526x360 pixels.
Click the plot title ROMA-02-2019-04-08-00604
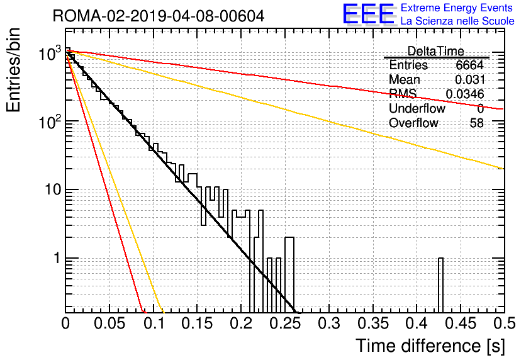(159, 16)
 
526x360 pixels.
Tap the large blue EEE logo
(368, 14)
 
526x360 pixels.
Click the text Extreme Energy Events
(457, 8)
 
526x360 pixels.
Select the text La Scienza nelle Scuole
(457, 21)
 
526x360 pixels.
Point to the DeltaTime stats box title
(435, 51)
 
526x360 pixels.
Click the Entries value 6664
(469, 65)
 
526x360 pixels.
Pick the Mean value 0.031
(470, 79)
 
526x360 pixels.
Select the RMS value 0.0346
(465, 94)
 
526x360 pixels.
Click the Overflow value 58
(477, 123)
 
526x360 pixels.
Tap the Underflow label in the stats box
(417, 108)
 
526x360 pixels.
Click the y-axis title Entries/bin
(13, 70)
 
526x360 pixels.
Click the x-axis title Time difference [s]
(430, 346)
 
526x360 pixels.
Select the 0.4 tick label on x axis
(417, 323)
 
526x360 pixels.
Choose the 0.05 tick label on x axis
(109, 323)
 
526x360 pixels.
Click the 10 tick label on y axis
(52, 190)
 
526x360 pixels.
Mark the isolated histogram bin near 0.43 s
(440, 285)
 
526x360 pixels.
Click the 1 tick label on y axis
(57, 258)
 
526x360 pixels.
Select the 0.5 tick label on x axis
(504, 323)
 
